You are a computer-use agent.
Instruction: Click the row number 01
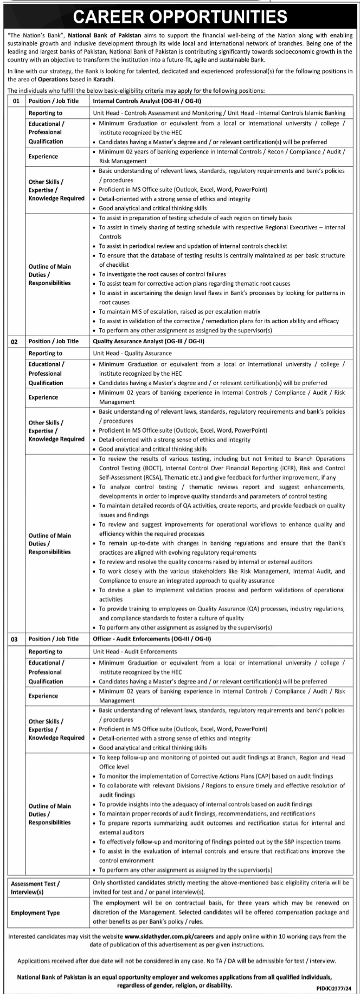16,101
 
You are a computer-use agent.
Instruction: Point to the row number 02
15,342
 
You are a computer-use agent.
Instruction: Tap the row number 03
15,639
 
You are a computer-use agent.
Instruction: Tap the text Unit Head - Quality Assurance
133,353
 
